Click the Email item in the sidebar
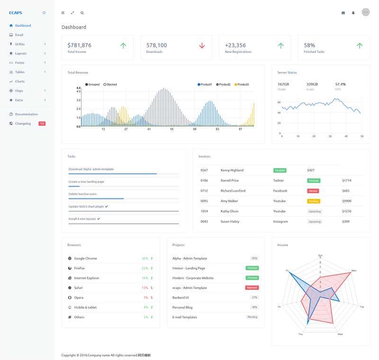[19, 35]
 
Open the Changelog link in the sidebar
[23, 123]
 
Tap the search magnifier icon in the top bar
[82, 13]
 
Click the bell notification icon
[353, 13]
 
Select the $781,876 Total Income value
[79, 45]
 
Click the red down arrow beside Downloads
[202, 45]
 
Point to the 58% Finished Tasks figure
[309, 45]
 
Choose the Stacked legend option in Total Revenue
[111, 84]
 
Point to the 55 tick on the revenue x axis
[171, 129]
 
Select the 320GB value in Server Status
[312, 84]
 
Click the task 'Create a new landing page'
[86, 181]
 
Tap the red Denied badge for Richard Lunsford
[313, 191]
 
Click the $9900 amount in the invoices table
[346, 201]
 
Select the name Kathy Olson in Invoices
[229, 211]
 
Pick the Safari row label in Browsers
[78, 288]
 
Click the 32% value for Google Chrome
[144, 258]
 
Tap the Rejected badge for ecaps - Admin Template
[252, 288]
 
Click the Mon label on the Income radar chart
[353, 270]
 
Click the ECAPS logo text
[16, 13]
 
